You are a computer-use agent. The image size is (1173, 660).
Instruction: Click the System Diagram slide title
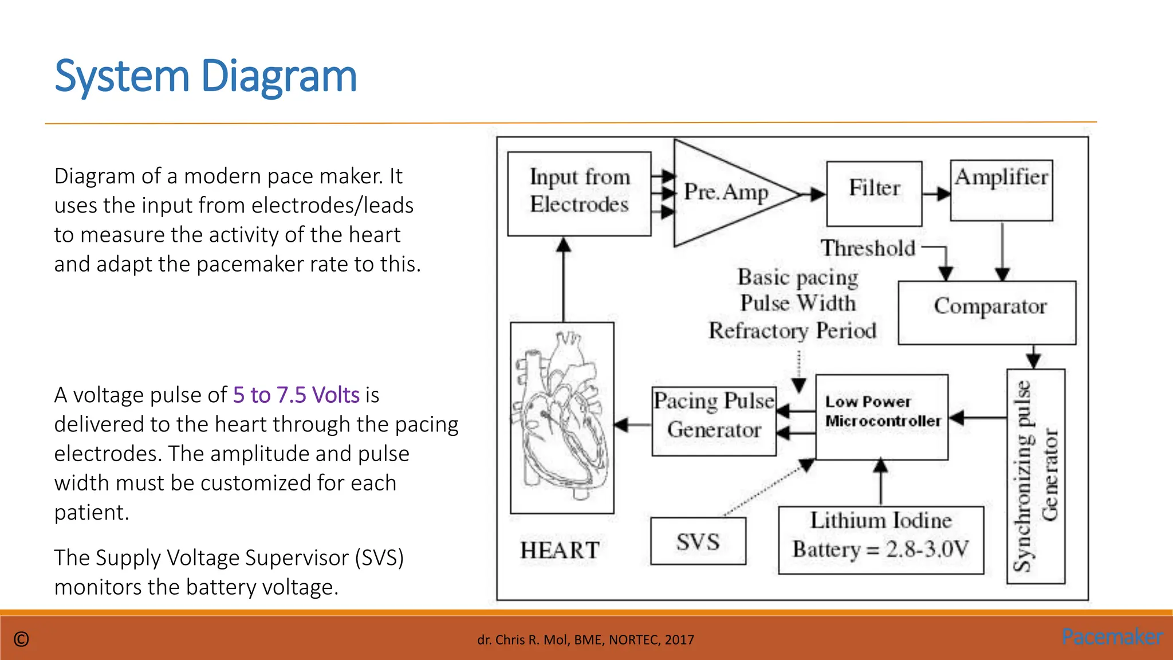[x=206, y=76]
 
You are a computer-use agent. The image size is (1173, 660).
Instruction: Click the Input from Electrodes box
[x=579, y=193]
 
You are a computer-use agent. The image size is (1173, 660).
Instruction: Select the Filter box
[x=874, y=193]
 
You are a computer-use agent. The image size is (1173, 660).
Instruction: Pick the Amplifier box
[x=1001, y=190]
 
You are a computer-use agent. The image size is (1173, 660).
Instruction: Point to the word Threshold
[x=868, y=248]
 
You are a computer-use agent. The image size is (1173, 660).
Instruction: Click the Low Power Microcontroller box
[x=881, y=417]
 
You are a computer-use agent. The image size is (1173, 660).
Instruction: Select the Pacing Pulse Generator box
[x=714, y=421]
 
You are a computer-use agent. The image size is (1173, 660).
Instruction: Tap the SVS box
[x=698, y=541]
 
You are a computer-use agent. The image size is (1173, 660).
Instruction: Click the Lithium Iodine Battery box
[x=880, y=540]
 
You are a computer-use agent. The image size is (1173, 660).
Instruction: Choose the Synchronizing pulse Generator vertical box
[x=1036, y=476]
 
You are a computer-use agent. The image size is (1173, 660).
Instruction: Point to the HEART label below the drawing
[x=560, y=550]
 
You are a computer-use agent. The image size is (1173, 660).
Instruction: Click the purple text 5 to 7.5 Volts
[x=296, y=395]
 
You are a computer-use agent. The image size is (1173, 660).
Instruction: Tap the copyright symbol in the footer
[x=21, y=639]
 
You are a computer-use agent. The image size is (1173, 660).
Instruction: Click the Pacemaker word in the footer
[x=1112, y=637]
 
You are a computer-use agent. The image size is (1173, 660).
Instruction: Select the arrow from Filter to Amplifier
[x=936, y=194]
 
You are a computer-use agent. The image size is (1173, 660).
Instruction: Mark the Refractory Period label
[x=792, y=331]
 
